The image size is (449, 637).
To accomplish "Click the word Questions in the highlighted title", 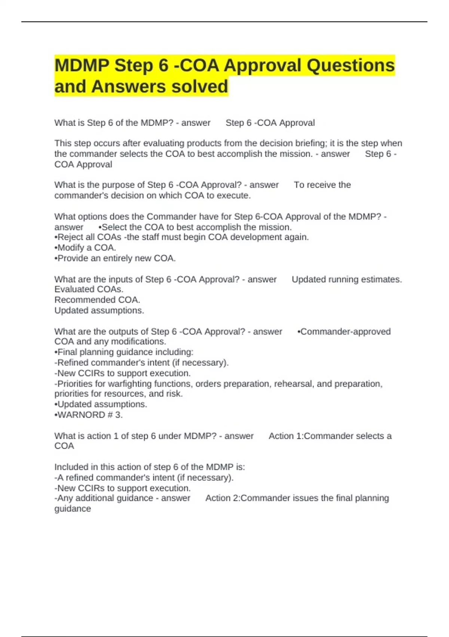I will pyautogui.click(x=351, y=66).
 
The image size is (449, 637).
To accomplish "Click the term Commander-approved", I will pyautogui.click(x=345, y=332).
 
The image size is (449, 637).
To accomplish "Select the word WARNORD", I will pyautogui.click(x=81, y=415).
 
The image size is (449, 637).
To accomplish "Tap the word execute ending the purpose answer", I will pyautogui.click(x=236, y=196).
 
